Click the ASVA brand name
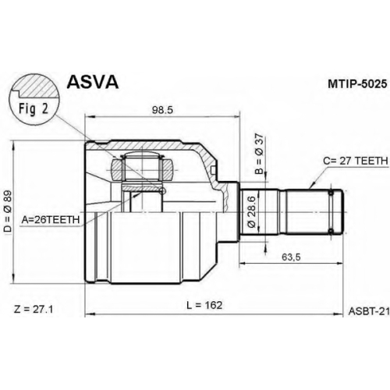(x=93, y=82)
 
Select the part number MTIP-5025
(x=357, y=84)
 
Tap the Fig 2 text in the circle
(x=34, y=108)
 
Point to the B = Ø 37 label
(x=260, y=154)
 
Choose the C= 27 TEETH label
(x=356, y=161)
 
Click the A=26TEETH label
(x=51, y=220)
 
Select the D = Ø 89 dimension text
(x=9, y=211)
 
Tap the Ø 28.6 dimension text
(x=252, y=212)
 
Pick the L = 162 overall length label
(x=204, y=305)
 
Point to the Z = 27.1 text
(x=34, y=310)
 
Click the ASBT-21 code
(x=369, y=311)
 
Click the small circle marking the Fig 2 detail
(x=163, y=191)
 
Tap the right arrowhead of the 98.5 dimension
(x=236, y=117)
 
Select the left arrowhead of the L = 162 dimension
(x=89, y=314)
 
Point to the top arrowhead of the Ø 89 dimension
(x=13, y=145)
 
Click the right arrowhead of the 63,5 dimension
(x=339, y=264)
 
